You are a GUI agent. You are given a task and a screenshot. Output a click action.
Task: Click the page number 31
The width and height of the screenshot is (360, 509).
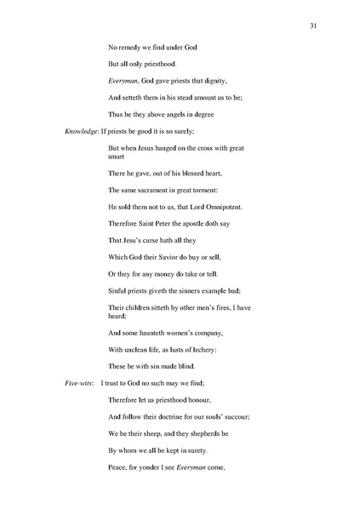pyautogui.click(x=314, y=26)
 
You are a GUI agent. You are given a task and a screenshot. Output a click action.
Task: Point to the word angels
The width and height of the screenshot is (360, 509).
pyautogui.click(x=187, y=114)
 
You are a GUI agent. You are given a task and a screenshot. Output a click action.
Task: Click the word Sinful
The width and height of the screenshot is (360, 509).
pyautogui.click(x=118, y=294)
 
